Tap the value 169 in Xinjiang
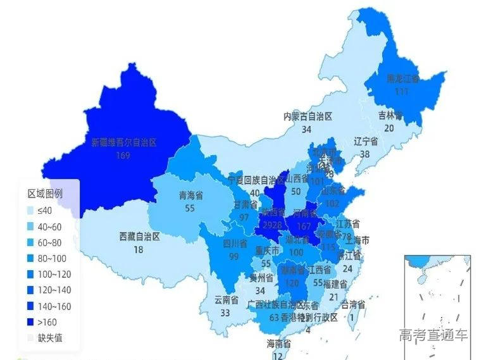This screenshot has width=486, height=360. click(x=123, y=154)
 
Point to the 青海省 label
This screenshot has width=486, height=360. click(x=190, y=196)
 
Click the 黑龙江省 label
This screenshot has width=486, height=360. click(x=403, y=79)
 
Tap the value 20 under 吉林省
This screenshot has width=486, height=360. click(x=389, y=127)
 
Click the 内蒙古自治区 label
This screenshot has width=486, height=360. click(x=308, y=116)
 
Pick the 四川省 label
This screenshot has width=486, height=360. click(x=234, y=243)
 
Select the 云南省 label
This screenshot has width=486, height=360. click(x=226, y=300)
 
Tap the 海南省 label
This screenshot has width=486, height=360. click(x=278, y=344)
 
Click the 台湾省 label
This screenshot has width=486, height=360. click(x=353, y=305)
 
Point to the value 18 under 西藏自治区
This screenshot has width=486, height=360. click(x=139, y=249)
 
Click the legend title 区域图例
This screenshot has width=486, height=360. click(x=45, y=194)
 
